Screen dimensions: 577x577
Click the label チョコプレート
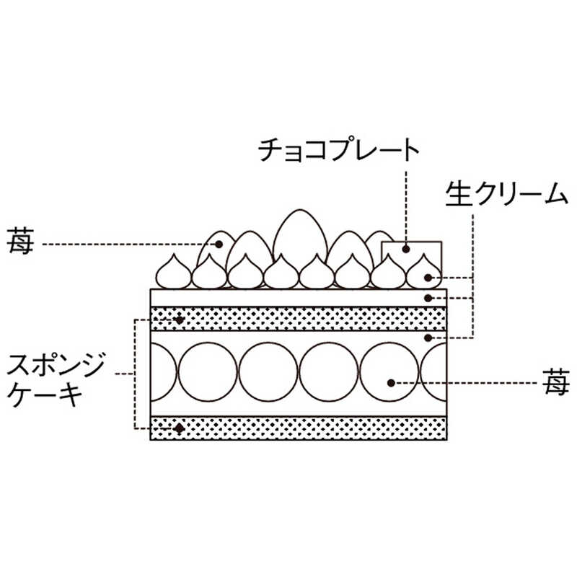coord(339,151)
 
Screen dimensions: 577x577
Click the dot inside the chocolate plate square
coord(406,250)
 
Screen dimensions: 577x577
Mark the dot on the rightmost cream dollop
coord(429,276)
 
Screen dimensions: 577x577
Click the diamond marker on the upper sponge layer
coord(180,318)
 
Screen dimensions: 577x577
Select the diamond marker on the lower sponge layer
coord(180,428)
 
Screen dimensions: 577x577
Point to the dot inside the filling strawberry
coord(392,382)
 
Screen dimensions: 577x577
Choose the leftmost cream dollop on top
coord(174,273)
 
